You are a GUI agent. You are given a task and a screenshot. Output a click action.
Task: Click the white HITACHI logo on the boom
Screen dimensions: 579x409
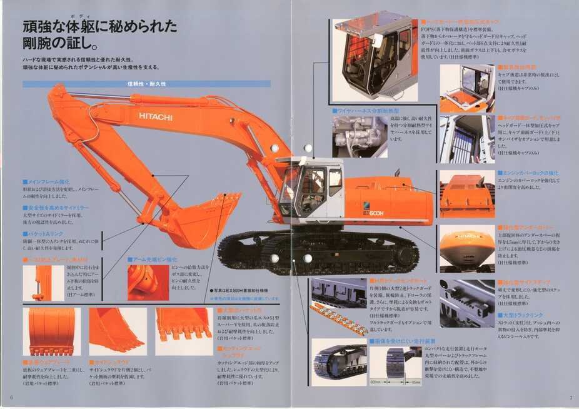pos(156,116)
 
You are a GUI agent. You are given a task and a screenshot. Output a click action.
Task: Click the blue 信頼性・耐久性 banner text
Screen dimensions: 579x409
pos(146,84)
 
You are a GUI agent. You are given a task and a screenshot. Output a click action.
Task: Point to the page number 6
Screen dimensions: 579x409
pos(11,397)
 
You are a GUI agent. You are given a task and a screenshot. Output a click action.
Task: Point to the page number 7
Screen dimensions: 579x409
pos(570,397)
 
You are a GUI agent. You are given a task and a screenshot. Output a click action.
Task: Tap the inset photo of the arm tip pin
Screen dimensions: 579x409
pos(148,282)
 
